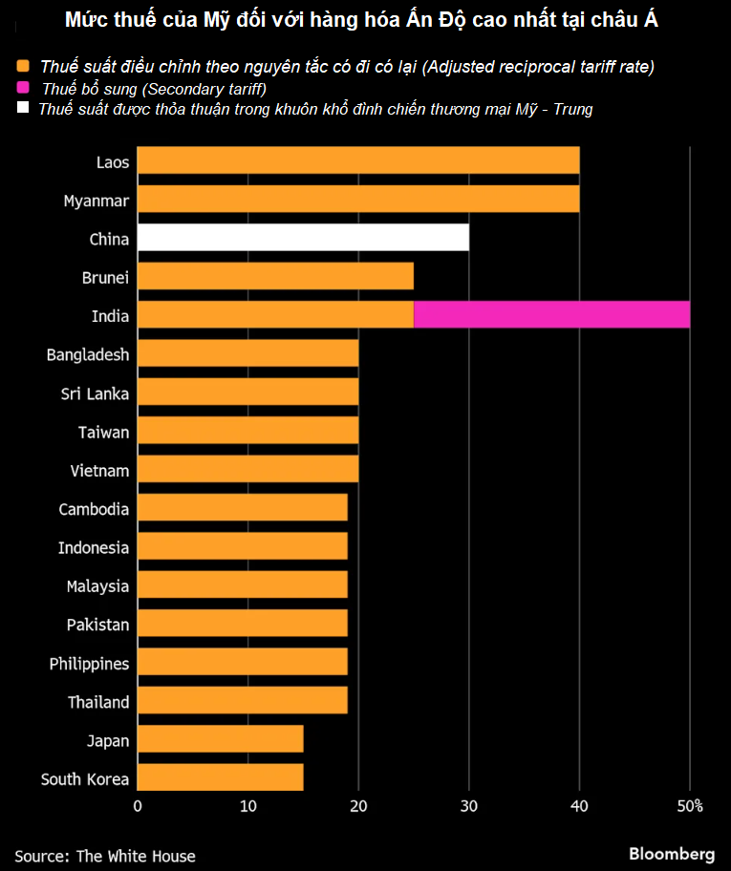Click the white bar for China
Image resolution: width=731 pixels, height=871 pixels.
[303, 238]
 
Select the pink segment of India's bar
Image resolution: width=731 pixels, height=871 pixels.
[551, 314]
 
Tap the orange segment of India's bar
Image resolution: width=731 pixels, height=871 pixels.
[275, 314]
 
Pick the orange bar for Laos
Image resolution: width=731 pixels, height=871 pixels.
[358, 160]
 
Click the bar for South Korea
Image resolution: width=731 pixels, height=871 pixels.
[220, 777]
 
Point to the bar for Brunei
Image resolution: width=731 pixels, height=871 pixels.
[275, 276]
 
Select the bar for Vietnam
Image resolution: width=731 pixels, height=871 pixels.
[247, 469]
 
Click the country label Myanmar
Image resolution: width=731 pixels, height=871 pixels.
[96, 201]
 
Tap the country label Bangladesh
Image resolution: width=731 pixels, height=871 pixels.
[87, 354]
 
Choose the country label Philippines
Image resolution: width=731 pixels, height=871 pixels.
[89, 663]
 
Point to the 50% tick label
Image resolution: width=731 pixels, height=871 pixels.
[690, 806]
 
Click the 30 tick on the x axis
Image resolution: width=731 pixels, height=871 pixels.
[469, 806]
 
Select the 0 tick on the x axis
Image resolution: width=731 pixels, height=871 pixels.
[138, 806]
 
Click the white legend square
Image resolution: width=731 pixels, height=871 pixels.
[23, 108]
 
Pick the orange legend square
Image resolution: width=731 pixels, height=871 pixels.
[23, 67]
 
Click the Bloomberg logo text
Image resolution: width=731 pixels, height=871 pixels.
[672, 853]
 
